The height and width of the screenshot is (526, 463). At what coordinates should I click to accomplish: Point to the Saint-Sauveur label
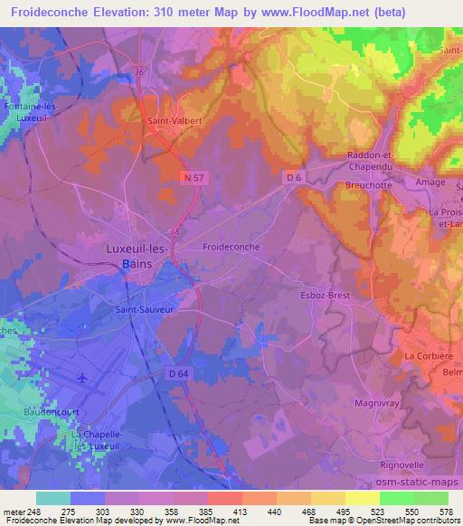click(143, 308)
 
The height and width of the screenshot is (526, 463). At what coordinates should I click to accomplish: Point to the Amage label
click(430, 182)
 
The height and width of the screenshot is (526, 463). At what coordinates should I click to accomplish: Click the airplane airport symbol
click(83, 377)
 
